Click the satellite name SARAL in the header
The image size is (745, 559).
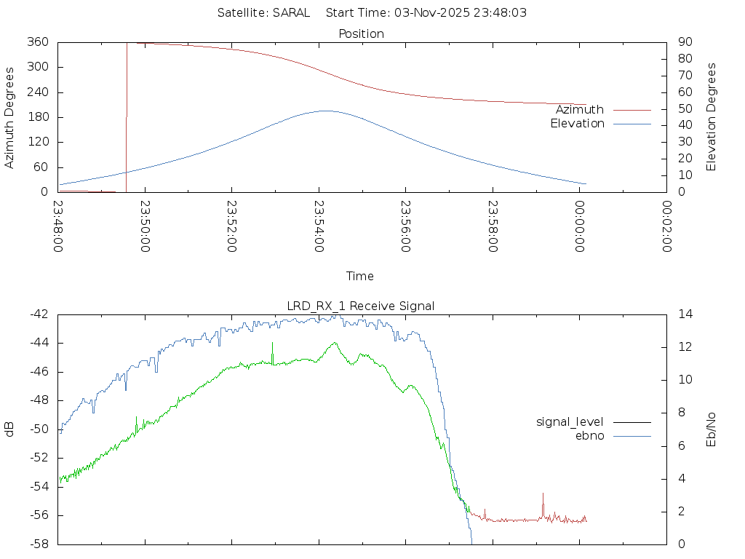point(291,12)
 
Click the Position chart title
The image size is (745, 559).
point(362,33)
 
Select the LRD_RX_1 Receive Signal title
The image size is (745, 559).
point(362,306)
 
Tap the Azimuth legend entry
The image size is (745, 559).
point(580,109)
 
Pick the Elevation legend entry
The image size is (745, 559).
point(577,124)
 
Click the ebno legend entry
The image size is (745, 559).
point(590,435)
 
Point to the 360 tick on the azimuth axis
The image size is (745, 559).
point(37,42)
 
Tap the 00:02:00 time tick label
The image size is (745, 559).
point(666,226)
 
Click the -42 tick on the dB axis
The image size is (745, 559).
point(38,314)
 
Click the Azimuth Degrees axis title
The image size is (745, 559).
point(9,117)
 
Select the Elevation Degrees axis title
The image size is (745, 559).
point(712,117)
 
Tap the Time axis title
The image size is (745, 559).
point(360,276)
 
